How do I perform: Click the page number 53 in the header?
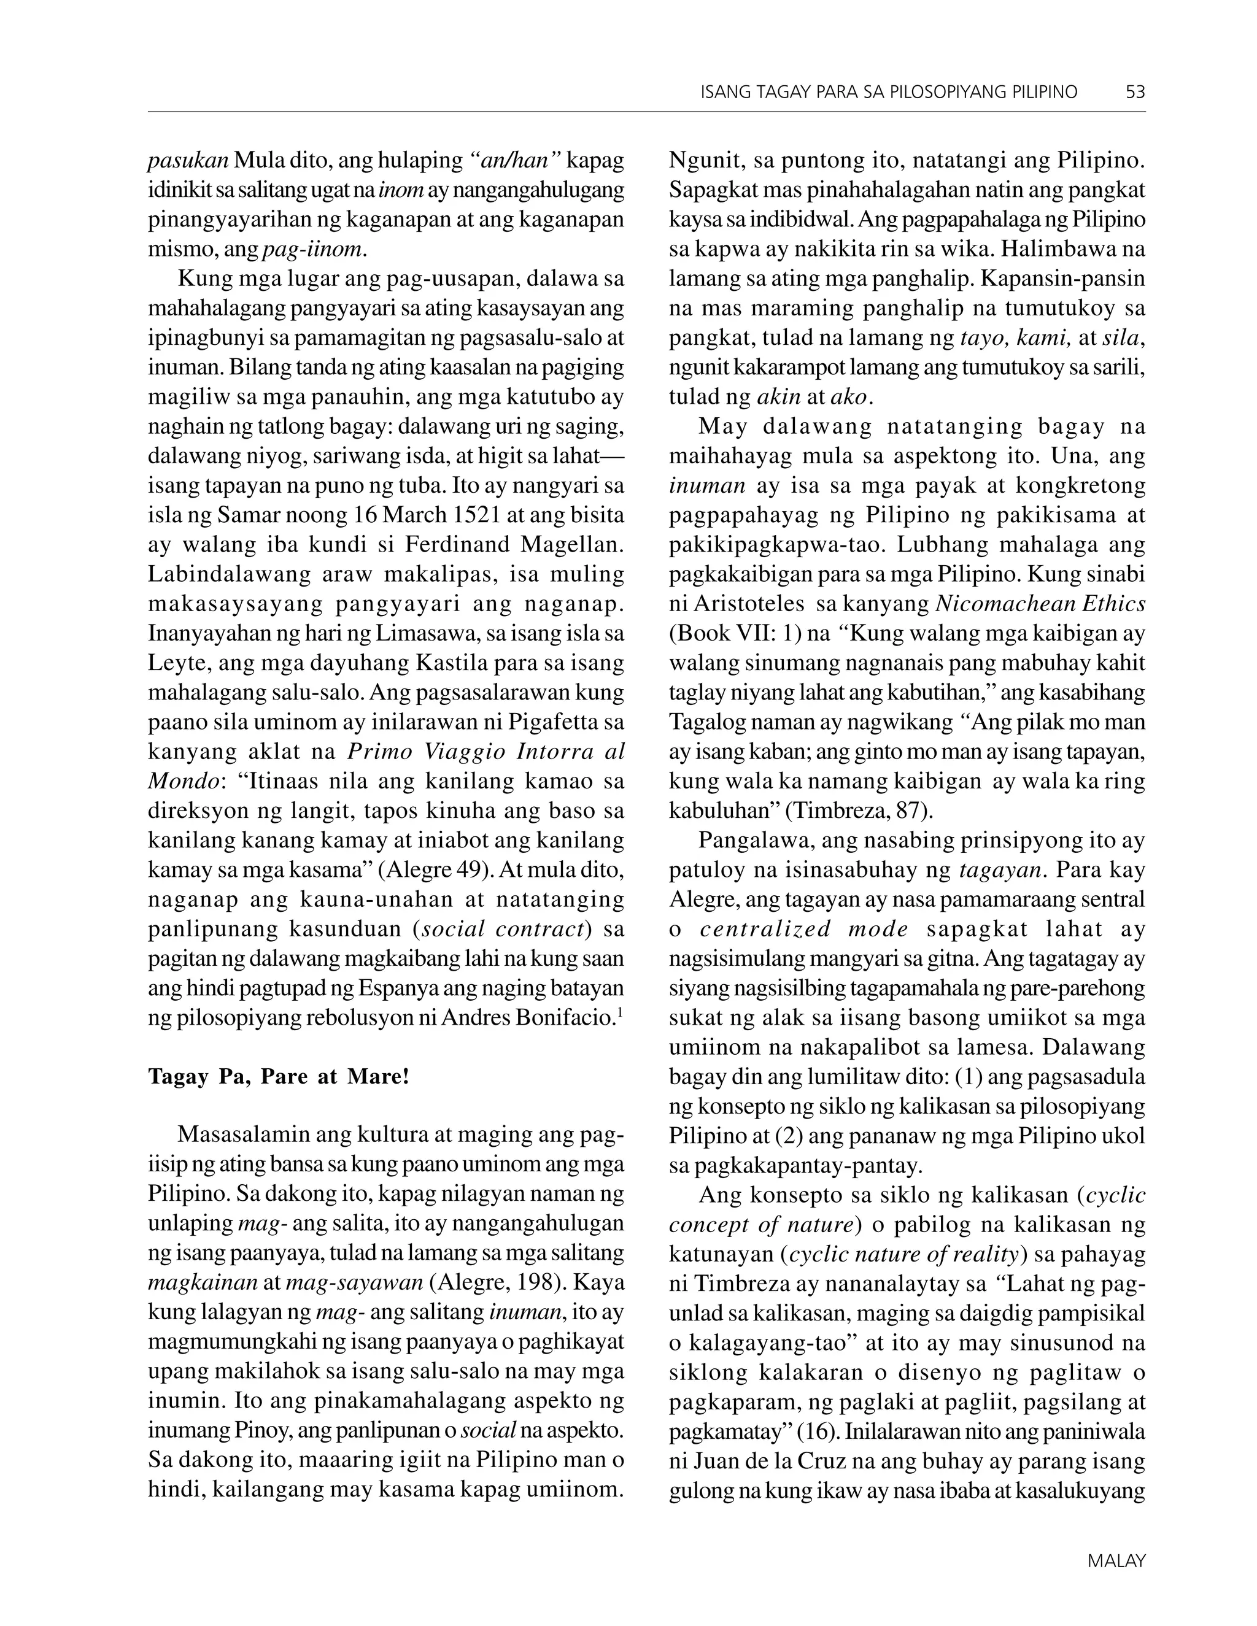point(1135,92)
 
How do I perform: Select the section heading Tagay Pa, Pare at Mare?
point(279,1077)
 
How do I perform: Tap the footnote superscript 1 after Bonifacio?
point(621,1012)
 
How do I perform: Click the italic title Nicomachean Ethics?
point(1040,604)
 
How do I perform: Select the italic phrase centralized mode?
point(804,929)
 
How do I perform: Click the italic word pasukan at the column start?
point(188,161)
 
